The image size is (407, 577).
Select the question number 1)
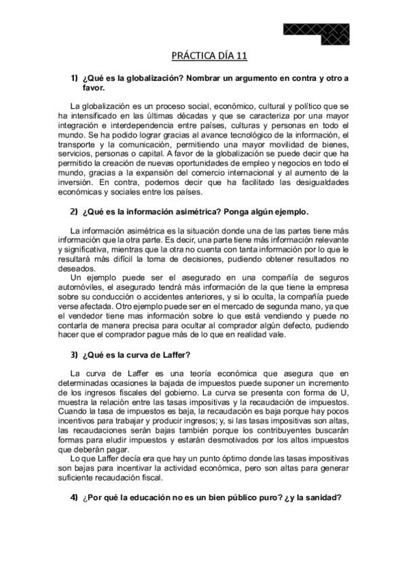pos(75,79)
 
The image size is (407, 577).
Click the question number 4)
pos(75,497)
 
